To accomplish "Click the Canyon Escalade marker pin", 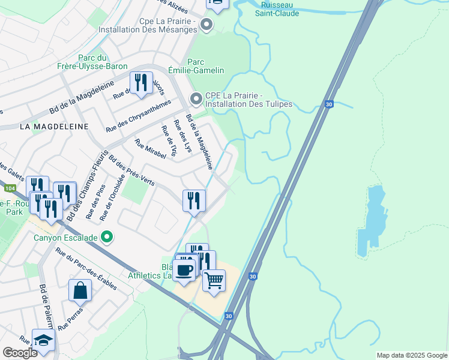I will [107, 238].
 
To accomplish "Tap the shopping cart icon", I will [214, 280].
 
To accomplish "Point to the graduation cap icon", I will [44, 340].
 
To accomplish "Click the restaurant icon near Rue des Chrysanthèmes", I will [141, 83].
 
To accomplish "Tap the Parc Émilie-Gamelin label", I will [206, 66].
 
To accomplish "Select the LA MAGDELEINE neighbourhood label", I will [53, 127].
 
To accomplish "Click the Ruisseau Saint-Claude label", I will [277, 8].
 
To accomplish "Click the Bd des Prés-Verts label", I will [131, 170].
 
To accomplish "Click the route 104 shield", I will [9, 188].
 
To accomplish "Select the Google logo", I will [20, 353].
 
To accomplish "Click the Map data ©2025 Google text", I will [411, 355].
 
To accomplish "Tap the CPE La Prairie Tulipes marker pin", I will [196, 98].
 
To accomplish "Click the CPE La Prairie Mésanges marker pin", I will [206, 25].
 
